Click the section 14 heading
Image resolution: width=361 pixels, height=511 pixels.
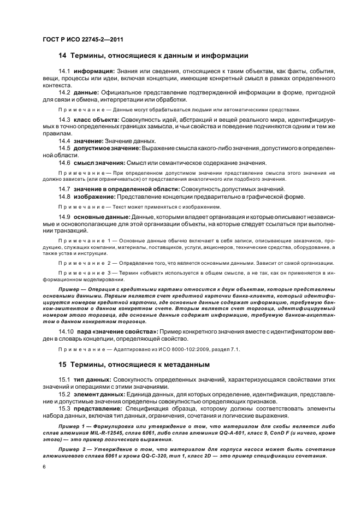point(153,56)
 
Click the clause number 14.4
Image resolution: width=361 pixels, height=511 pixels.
point(64,141)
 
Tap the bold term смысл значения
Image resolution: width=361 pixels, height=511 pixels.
point(99,163)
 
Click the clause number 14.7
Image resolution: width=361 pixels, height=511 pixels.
point(64,189)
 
